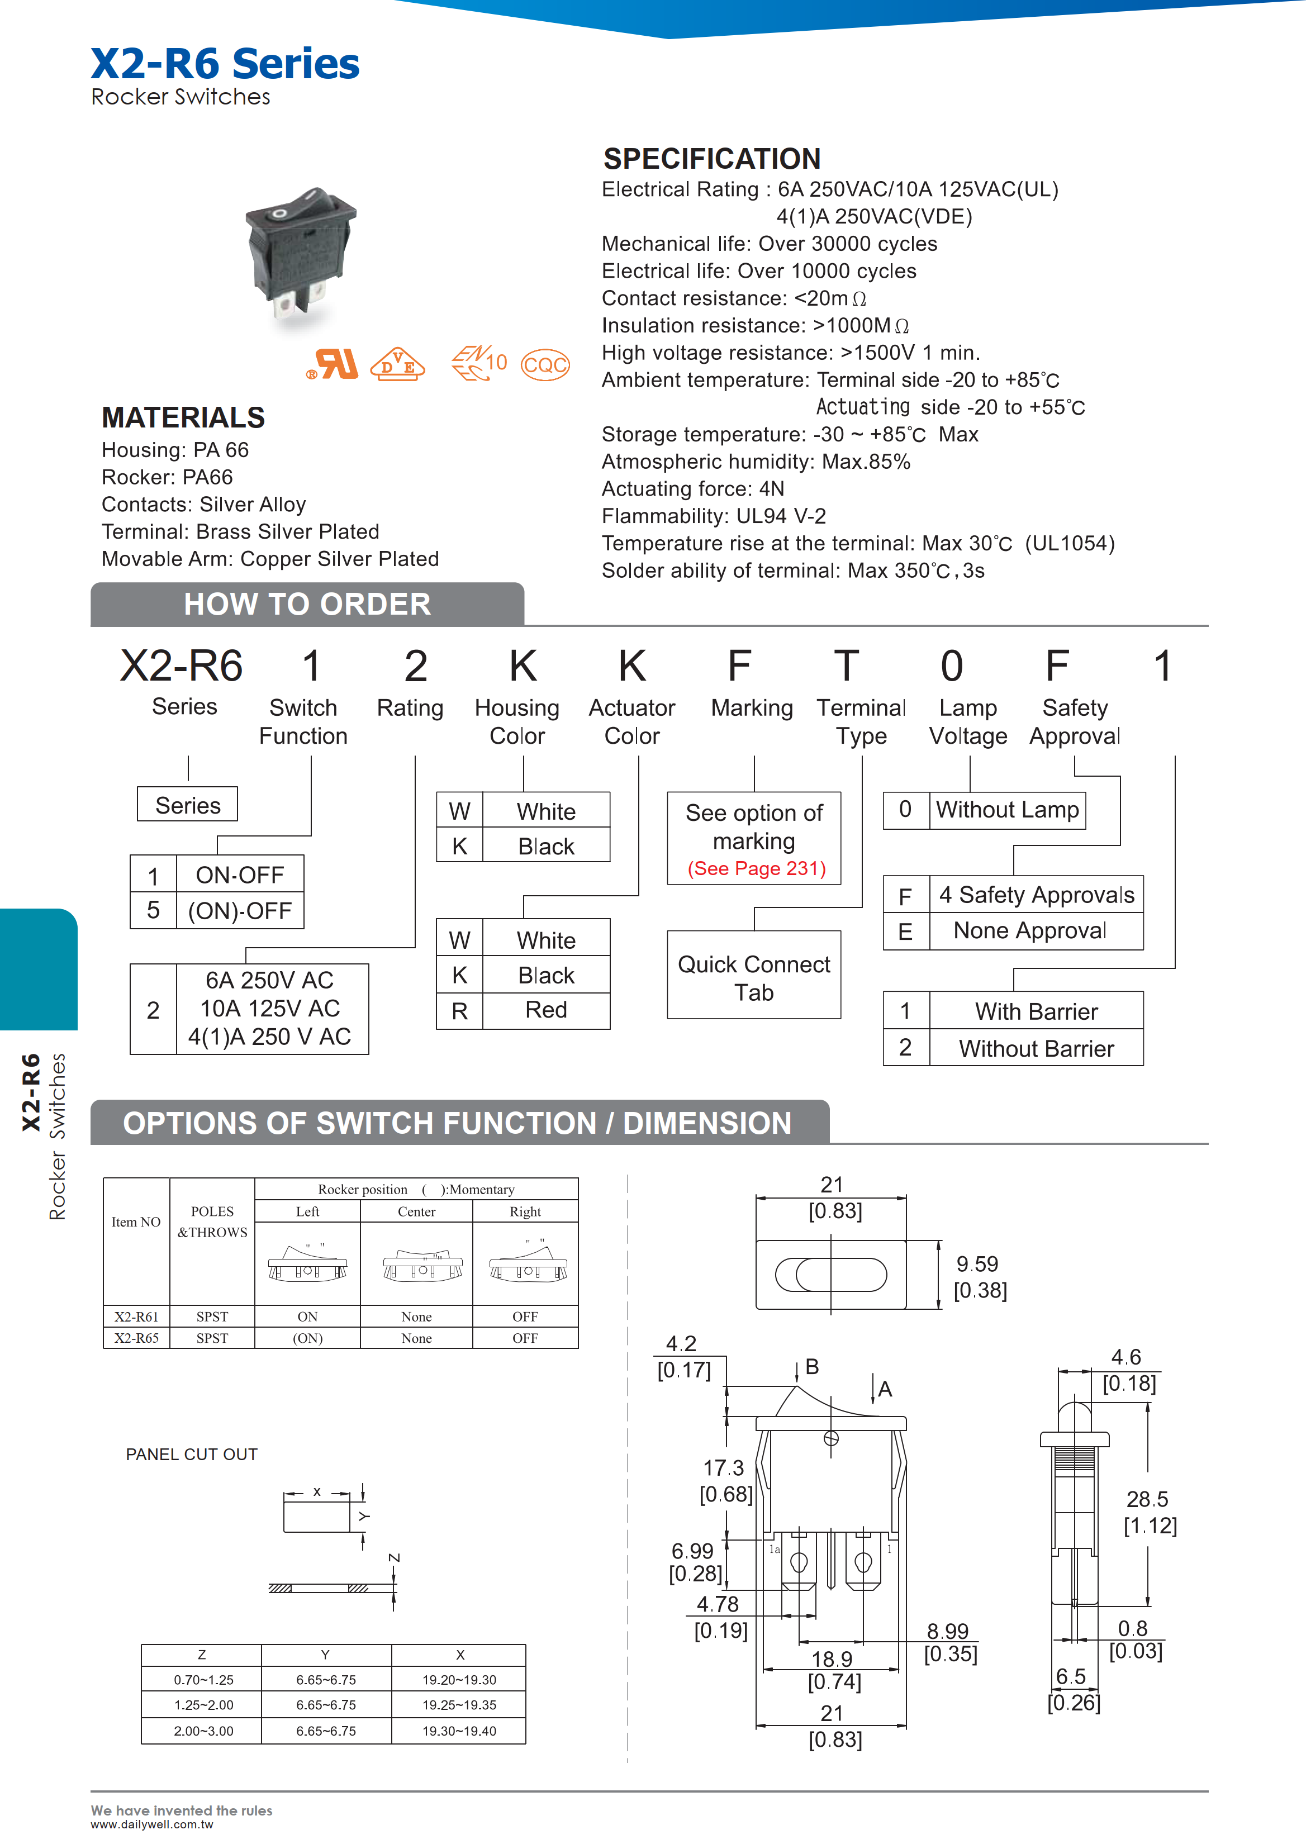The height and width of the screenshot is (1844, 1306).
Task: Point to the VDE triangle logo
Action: click(x=397, y=364)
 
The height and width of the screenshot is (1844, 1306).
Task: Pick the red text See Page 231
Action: click(x=756, y=868)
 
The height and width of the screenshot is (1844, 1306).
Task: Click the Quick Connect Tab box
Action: click(x=753, y=977)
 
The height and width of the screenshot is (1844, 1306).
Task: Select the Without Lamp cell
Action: click(x=1007, y=810)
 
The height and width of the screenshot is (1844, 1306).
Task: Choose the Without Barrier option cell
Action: click(x=1036, y=1049)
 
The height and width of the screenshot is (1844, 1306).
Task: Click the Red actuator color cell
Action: click(x=546, y=1010)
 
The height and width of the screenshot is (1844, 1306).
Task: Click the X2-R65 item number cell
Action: click(x=136, y=1338)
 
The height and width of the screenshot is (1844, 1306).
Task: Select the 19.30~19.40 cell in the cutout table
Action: click(x=459, y=1731)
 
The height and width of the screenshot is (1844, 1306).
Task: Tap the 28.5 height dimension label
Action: click(x=1147, y=1499)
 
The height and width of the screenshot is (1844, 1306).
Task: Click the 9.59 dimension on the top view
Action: click(x=977, y=1264)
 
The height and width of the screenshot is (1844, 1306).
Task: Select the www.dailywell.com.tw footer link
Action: click(x=151, y=1824)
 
